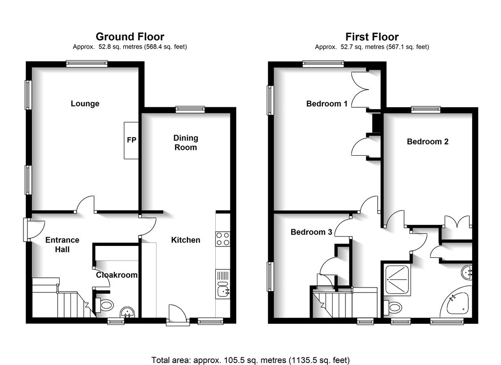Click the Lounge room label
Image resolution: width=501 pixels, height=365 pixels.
[85, 104]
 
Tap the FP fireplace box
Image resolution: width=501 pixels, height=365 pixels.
[131, 141]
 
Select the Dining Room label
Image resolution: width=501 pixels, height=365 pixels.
[185, 143]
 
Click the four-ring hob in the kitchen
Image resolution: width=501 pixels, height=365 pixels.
[223, 239]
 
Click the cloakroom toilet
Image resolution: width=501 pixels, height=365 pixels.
[104, 305]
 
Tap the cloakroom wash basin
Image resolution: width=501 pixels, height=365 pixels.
[128, 313]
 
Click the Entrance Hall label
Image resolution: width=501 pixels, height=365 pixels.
[62, 244]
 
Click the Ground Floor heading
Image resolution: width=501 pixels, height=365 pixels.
[130, 36]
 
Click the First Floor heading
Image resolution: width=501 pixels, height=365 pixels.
[372, 37]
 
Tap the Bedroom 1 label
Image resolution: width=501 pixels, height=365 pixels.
[326, 104]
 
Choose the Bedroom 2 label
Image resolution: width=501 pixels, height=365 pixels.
[428, 142]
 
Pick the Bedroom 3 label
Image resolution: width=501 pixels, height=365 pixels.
[311, 232]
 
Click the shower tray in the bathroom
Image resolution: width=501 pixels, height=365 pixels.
[397, 280]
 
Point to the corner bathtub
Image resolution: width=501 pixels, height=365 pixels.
[457, 302]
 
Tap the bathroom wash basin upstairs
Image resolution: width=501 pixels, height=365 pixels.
[467, 272]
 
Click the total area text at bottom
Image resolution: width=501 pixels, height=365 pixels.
[250, 360]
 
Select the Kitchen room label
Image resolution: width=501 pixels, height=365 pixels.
[185, 240]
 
